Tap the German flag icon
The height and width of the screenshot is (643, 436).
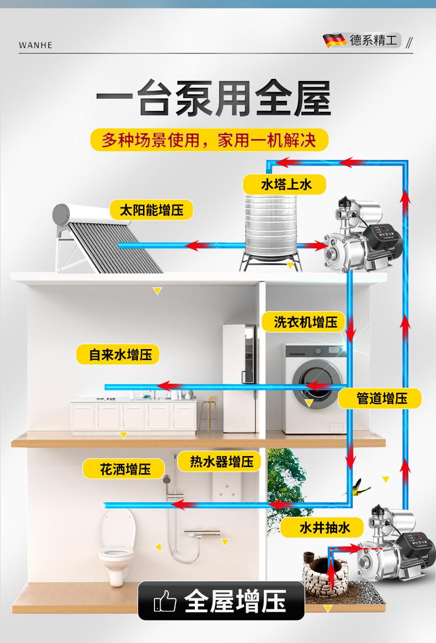(x=334, y=40)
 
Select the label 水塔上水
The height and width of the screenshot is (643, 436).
(x=286, y=184)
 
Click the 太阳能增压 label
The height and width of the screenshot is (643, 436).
(x=152, y=210)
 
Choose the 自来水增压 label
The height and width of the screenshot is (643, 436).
(x=117, y=355)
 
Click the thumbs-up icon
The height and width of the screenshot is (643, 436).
(x=165, y=601)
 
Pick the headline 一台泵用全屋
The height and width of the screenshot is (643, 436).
(x=214, y=99)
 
